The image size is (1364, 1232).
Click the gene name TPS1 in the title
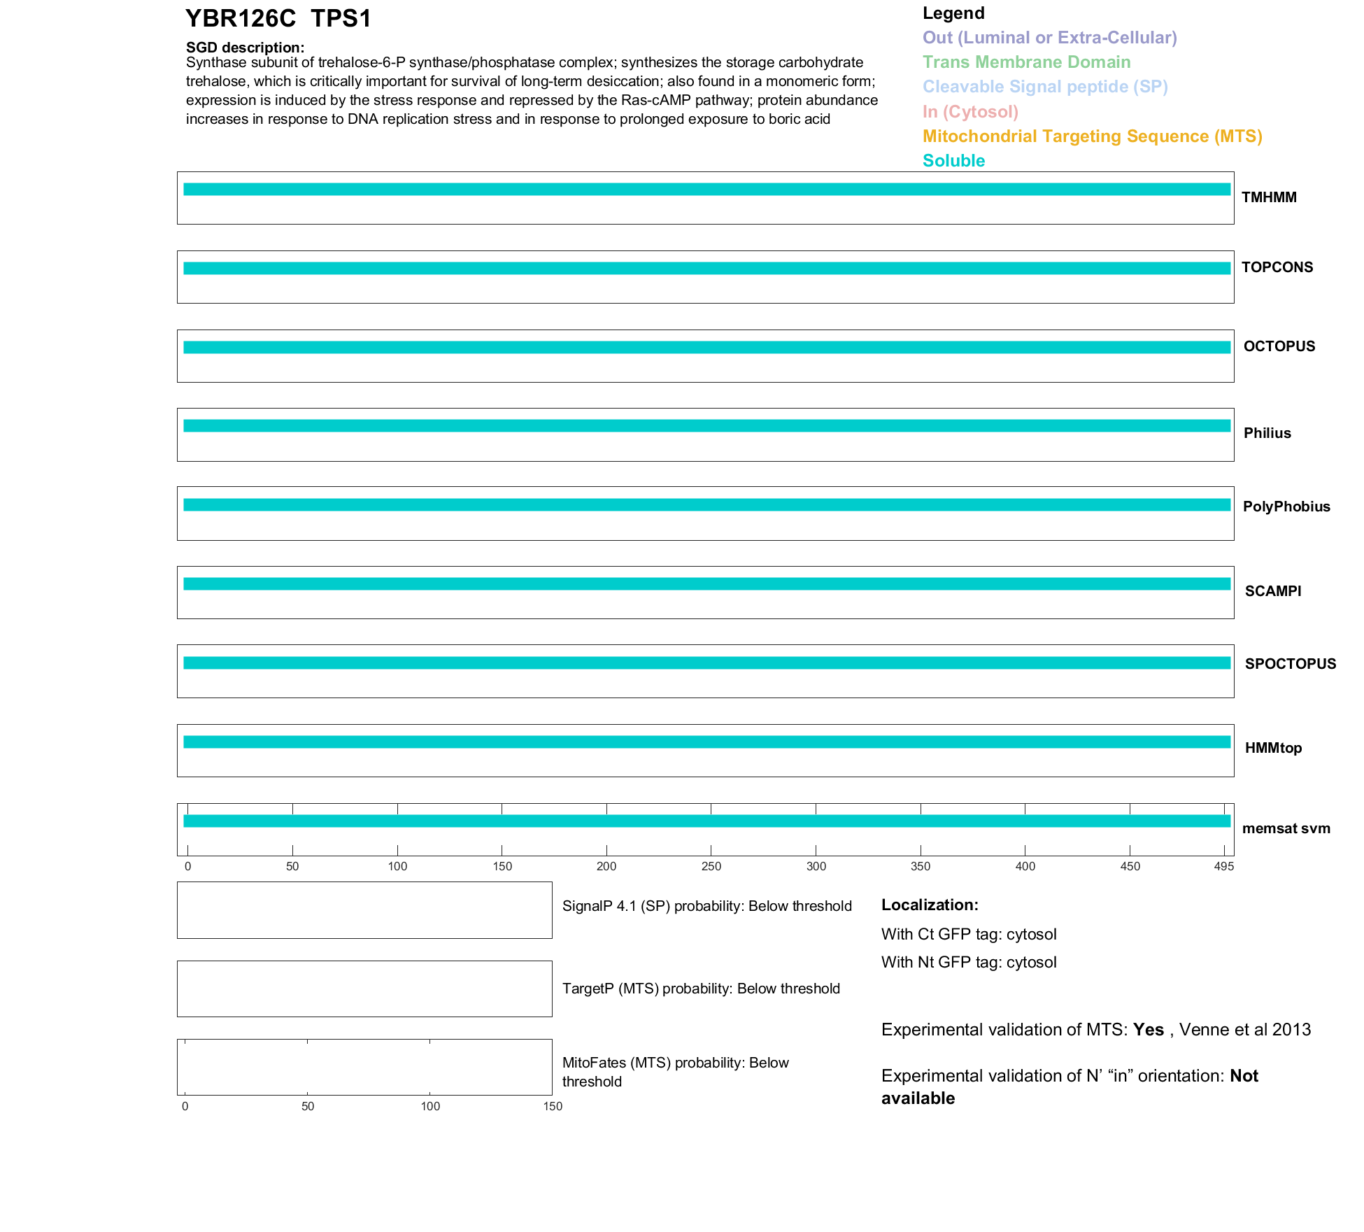[341, 19]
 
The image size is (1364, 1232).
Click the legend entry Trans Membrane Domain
[1026, 62]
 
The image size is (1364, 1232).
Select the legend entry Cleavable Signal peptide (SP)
[1045, 87]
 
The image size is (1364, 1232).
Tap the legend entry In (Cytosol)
[970, 112]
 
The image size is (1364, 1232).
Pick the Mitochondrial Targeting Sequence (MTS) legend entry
[1092, 136]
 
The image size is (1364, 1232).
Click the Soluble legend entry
[953, 161]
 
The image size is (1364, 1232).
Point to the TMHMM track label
[1269, 198]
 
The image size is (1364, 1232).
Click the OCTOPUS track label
[1279, 346]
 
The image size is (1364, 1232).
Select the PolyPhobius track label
[1286, 507]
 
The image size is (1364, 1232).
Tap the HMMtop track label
[1273, 748]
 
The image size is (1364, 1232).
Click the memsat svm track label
[1286, 828]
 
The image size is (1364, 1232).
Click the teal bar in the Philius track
[706, 426]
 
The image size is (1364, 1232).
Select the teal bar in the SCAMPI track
[706, 584]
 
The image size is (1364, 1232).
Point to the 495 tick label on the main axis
[1224, 866]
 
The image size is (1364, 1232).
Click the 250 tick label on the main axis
[711, 866]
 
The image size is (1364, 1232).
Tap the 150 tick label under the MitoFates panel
[553, 1106]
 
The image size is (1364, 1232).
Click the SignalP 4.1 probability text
[706, 906]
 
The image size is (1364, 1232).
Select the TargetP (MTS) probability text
[701, 989]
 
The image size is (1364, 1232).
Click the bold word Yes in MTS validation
[1148, 1030]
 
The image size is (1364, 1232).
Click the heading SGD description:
[245, 48]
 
